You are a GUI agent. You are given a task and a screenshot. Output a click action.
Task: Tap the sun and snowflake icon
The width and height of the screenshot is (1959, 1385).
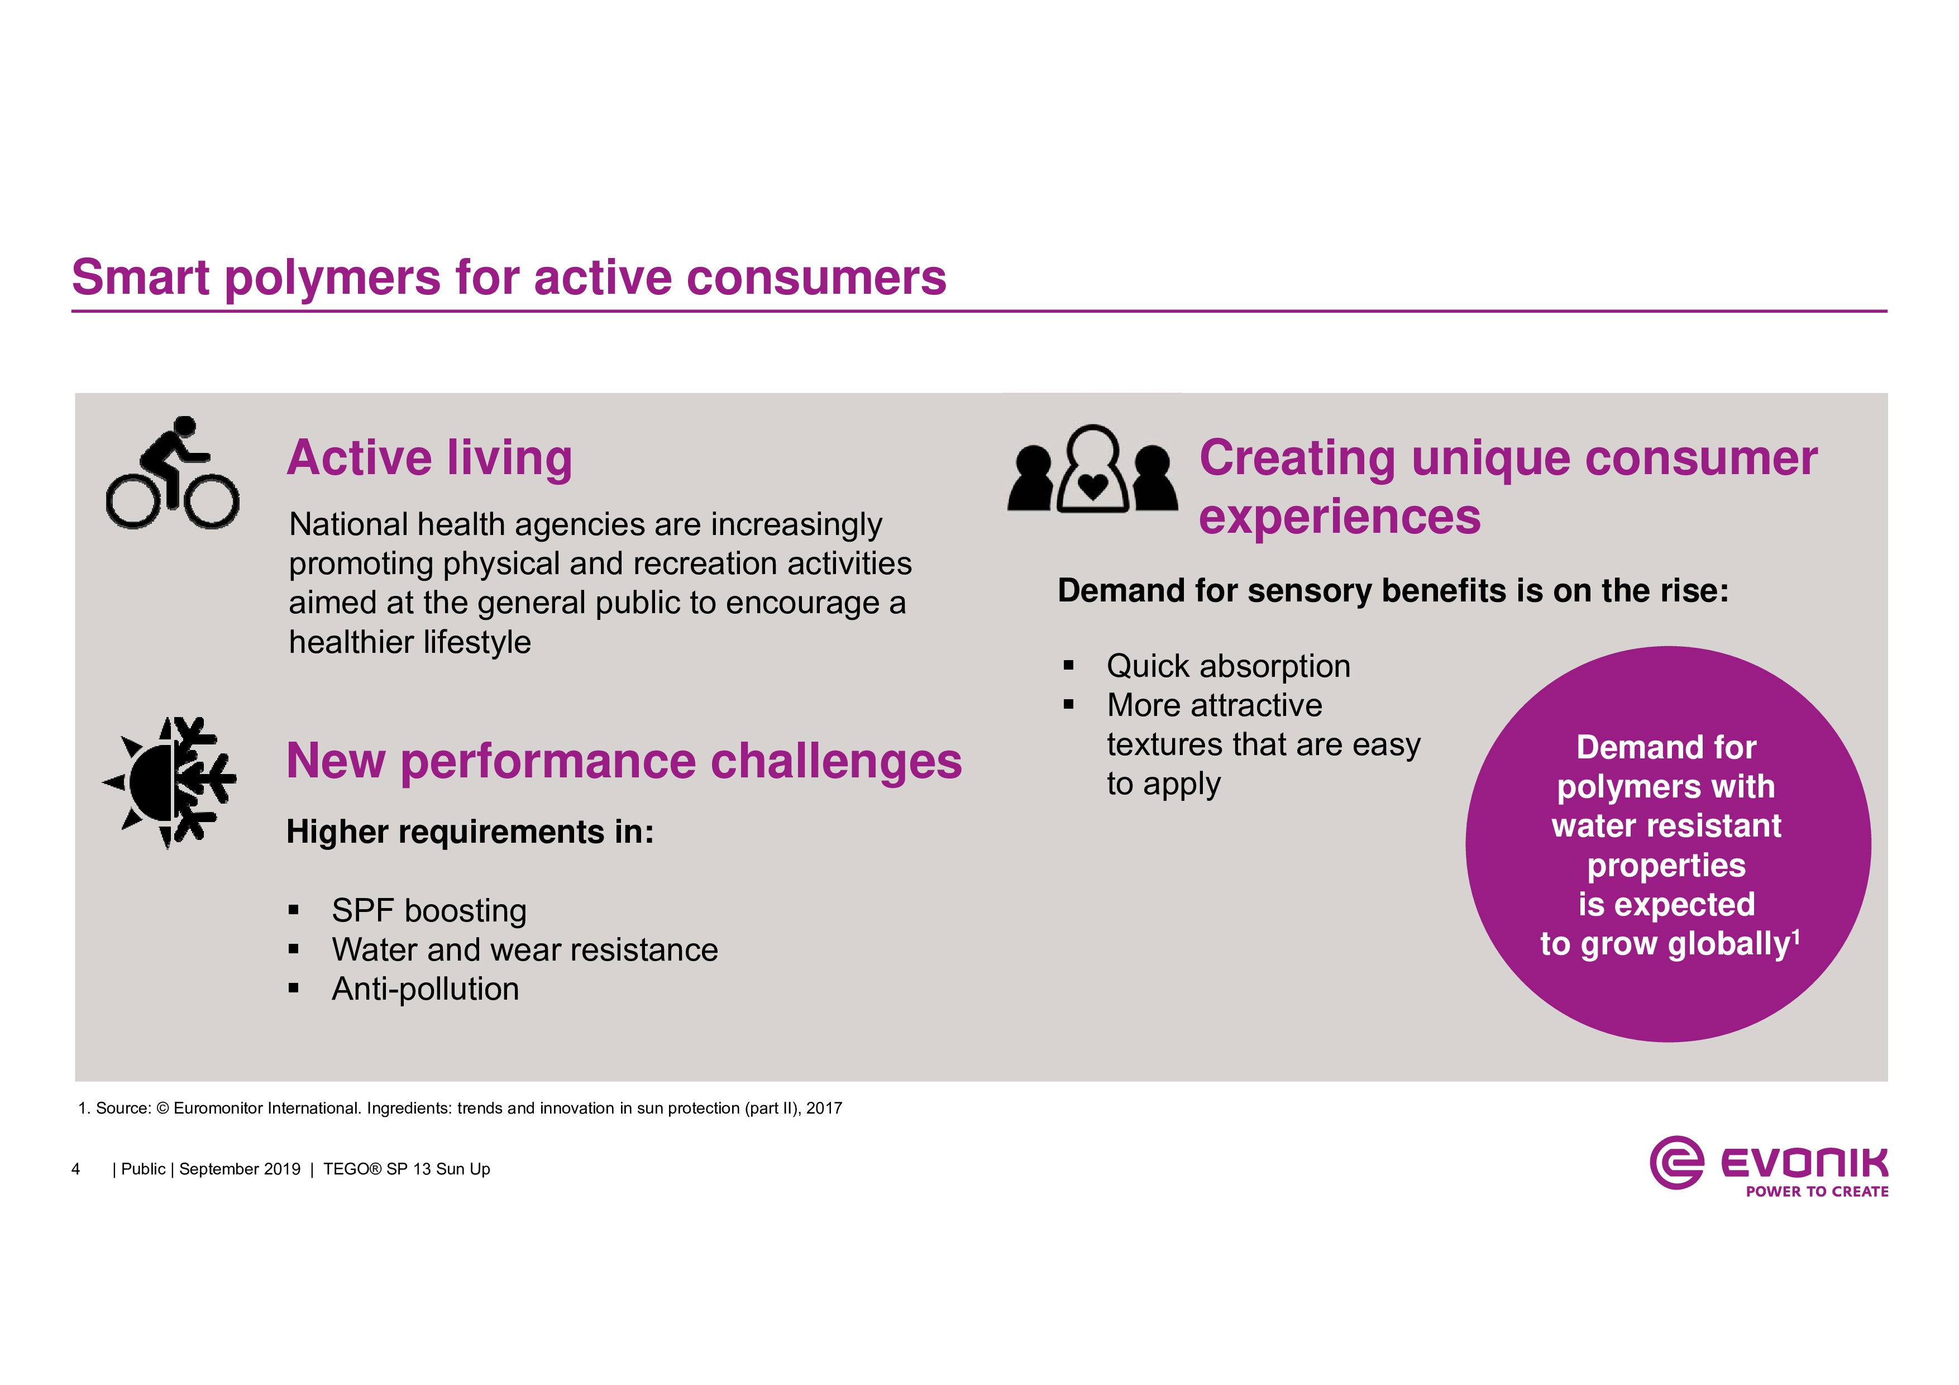pyautogui.click(x=169, y=782)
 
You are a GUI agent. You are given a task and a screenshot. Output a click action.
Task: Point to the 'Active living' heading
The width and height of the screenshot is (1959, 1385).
pyautogui.click(x=429, y=459)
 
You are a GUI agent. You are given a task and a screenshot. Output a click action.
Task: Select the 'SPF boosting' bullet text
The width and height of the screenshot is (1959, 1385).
pyautogui.click(x=429, y=910)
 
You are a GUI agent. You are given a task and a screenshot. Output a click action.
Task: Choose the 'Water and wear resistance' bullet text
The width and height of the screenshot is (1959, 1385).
pyautogui.click(x=525, y=950)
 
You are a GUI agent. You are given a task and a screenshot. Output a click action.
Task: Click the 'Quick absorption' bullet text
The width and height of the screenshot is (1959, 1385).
pyautogui.click(x=1229, y=666)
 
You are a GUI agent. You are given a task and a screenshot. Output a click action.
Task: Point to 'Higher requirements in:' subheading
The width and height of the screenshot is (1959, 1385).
pyautogui.click(x=470, y=832)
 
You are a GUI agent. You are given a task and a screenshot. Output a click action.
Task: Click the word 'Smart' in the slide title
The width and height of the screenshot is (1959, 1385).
pyautogui.click(x=141, y=278)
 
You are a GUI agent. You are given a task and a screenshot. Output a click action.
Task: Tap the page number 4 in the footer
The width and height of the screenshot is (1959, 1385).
pyautogui.click(x=76, y=1169)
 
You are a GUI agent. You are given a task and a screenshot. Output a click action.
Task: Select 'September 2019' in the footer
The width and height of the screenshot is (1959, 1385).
pyautogui.click(x=240, y=1169)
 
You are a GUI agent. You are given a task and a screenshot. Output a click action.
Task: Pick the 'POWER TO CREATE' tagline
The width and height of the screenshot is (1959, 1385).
pyautogui.click(x=1817, y=1191)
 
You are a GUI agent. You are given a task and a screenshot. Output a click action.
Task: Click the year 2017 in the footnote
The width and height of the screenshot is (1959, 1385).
pyautogui.click(x=824, y=1109)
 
